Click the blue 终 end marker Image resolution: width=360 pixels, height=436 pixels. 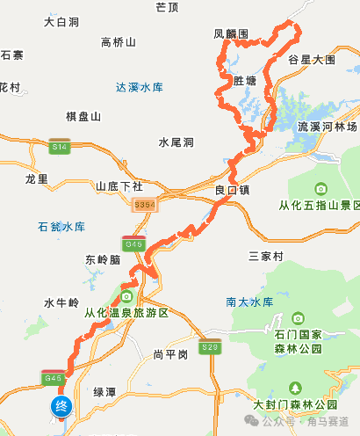pyautogui.click(x=61, y=405)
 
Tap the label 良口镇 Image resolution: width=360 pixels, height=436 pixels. pyautogui.click(x=233, y=189)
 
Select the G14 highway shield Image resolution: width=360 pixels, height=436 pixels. pyautogui.click(x=60, y=146)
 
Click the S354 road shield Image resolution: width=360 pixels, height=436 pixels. pyautogui.click(x=145, y=204)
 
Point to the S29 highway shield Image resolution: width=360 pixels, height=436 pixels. pyautogui.click(x=209, y=348)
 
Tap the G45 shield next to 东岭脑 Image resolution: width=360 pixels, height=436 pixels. pyautogui.click(x=133, y=243)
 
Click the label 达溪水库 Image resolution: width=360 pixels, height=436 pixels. pyautogui.click(x=140, y=87)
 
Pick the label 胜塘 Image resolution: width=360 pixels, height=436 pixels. pyautogui.click(x=245, y=80)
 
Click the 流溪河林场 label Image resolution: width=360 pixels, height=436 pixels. pyautogui.click(x=328, y=127)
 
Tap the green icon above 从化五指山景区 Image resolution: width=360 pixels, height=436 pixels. pyautogui.click(x=320, y=189)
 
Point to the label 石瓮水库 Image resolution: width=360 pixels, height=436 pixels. pyautogui.click(x=61, y=227)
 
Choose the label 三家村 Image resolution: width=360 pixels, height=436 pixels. pyautogui.click(x=266, y=256)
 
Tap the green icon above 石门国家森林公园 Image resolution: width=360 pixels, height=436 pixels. pyautogui.click(x=298, y=316)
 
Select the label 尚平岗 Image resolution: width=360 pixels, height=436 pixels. pyautogui.click(x=169, y=354)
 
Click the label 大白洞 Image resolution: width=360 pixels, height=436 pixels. pyautogui.click(x=61, y=19)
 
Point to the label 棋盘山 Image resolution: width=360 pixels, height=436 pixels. pyautogui.click(x=83, y=116)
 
